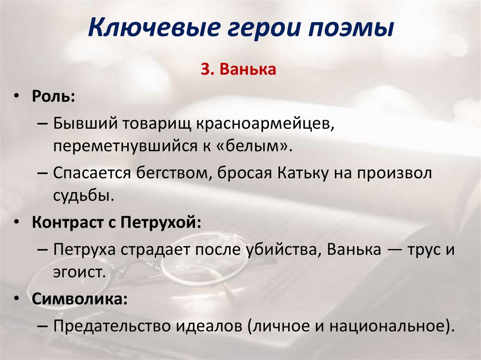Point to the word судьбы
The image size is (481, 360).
tap(83, 195)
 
